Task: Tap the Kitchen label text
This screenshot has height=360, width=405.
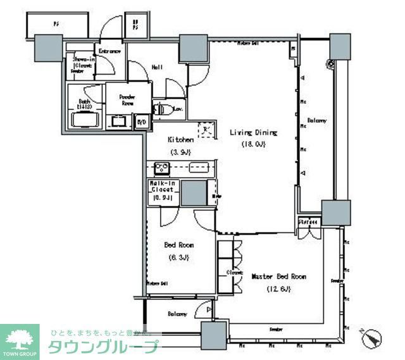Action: point(180,139)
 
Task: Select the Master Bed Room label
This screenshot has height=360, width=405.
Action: point(278,277)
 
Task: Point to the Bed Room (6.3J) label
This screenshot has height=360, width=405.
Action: point(179,245)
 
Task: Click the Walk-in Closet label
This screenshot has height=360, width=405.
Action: point(163,187)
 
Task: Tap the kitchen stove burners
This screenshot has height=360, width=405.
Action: point(161,168)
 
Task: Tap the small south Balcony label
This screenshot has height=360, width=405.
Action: point(177,314)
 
